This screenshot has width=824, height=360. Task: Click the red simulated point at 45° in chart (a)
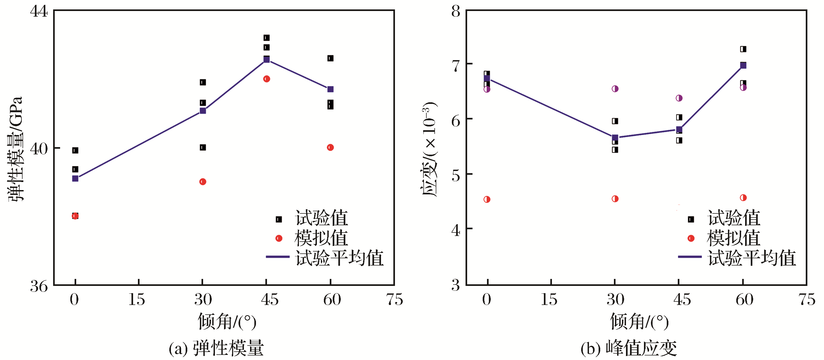click(266, 79)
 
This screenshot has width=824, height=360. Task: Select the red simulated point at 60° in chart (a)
click(330, 147)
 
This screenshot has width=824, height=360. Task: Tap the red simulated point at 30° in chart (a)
click(203, 182)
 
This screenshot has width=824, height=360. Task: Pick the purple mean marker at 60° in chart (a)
click(330, 89)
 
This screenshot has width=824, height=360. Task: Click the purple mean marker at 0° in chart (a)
click(75, 178)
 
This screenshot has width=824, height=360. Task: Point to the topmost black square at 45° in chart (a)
click(266, 38)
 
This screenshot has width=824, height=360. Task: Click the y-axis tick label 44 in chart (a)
click(39, 12)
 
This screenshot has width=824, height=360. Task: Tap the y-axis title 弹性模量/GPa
click(15, 149)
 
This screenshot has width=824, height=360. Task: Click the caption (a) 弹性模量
click(216, 348)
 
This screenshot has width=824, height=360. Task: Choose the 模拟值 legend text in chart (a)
click(321, 238)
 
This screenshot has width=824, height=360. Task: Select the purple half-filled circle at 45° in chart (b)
click(679, 98)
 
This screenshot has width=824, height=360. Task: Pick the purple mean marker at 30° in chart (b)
click(615, 138)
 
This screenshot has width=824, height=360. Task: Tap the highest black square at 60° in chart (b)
click(743, 49)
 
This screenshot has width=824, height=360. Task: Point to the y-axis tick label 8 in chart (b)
click(456, 12)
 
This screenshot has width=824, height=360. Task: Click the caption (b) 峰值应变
click(629, 348)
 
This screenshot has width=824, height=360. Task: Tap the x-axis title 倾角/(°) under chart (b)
click(639, 321)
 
